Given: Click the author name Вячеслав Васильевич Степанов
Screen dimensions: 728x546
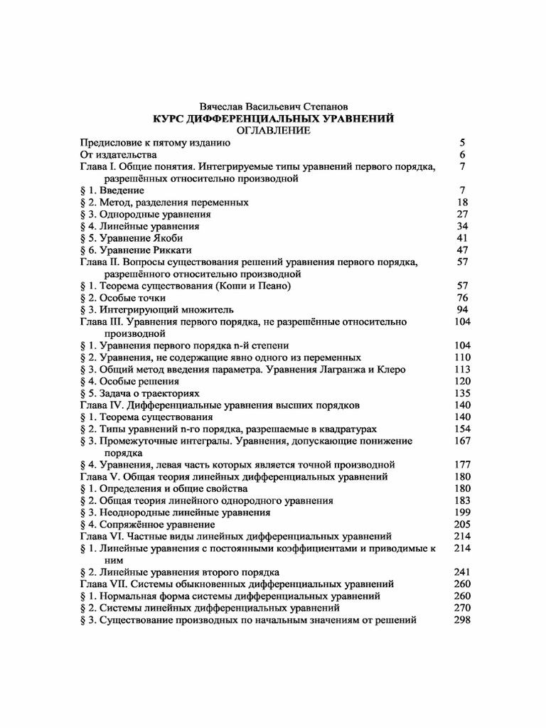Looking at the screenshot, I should point(274,107).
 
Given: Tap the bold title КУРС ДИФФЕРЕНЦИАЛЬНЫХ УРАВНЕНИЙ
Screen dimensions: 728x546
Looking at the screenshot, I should point(274,119).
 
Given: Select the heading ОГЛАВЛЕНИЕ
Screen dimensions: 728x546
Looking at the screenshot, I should point(274,131).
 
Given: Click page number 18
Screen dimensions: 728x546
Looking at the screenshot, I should point(462,203).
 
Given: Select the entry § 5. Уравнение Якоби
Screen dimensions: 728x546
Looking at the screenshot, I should point(136,238).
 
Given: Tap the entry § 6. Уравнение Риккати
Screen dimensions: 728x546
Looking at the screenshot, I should point(139,250).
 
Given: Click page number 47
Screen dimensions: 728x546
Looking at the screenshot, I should point(462,250).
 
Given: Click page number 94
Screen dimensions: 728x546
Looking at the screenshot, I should point(462,310).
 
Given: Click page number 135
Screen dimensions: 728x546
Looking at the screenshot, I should point(462,393).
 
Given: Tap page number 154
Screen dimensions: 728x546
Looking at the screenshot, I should point(462,429).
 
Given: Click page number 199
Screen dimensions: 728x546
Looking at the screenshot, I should point(462,513).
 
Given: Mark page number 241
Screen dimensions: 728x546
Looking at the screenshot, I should point(462,572).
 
